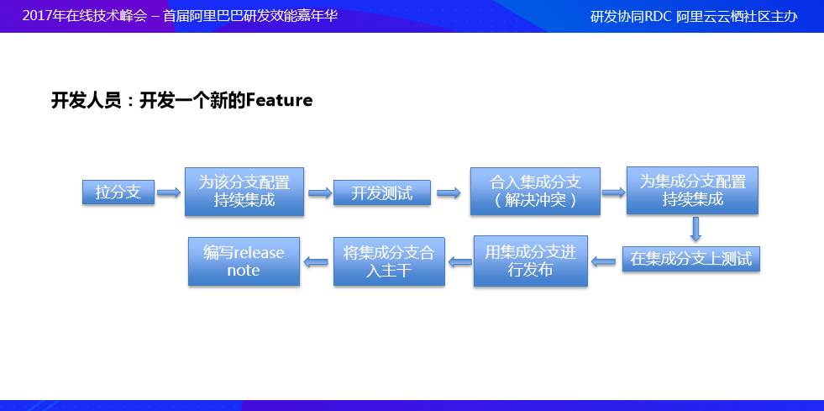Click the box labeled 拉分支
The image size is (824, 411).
click(118, 192)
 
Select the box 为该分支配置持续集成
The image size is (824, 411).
click(244, 192)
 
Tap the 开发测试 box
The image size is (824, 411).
click(382, 192)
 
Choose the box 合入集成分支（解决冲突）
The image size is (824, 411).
click(535, 192)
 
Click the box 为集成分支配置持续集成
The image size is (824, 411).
click(692, 191)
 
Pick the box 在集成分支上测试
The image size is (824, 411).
click(691, 259)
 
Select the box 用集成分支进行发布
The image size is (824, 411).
click(531, 261)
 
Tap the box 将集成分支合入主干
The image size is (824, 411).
click(389, 261)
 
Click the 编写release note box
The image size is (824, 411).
click(244, 261)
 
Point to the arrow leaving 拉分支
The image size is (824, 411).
click(169, 192)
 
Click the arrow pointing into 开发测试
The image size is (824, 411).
click(319, 192)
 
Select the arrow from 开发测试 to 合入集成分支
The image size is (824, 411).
click(449, 193)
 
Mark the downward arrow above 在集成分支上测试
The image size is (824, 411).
click(695, 229)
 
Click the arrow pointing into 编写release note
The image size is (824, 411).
click(316, 261)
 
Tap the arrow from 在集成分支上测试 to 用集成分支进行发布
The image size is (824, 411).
click(604, 261)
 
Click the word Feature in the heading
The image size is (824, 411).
click(280, 100)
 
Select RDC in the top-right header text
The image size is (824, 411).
click(659, 17)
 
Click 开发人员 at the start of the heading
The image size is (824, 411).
click(86, 100)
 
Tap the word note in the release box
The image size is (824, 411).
click(244, 270)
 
